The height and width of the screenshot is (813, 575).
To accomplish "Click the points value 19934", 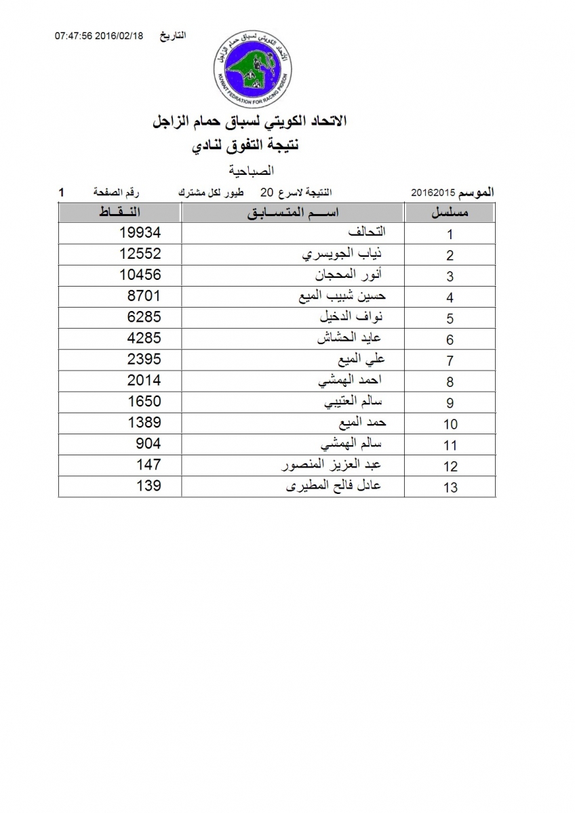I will (x=139, y=232).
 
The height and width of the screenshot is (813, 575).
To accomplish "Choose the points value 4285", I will (x=144, y=338).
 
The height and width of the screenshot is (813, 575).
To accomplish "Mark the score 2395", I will (x=144, y=359).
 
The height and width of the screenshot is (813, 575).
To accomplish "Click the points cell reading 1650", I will (x=144, y=401).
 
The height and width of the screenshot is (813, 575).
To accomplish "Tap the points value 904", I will (x=148, y=443).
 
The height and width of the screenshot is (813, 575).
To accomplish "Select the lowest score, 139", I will (x=148, y=485).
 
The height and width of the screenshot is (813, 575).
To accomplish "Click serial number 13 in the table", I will (x=450, y=487).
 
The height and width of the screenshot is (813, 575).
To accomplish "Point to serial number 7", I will (x=450, y=361).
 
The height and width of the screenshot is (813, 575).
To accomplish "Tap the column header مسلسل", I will (x=451, y=213).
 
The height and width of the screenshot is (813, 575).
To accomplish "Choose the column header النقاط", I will (x=120, y=213).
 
